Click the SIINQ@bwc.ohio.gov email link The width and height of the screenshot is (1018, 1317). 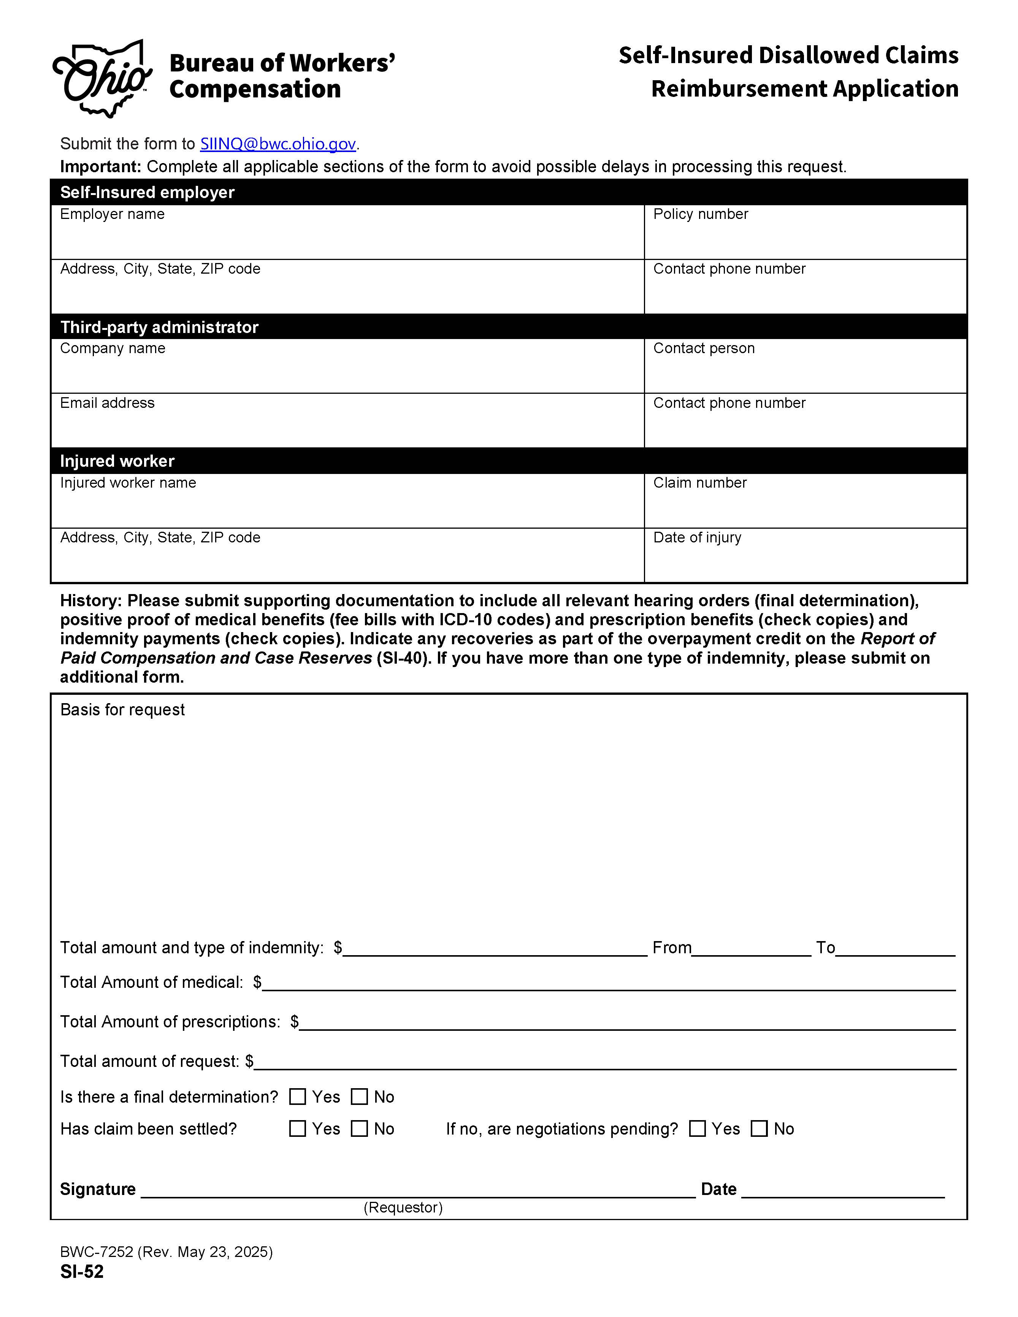click(277, 144)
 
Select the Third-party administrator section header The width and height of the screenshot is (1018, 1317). click(159, 327)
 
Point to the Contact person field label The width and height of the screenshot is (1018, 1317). click(703, 349)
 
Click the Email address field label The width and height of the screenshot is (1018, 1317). click(107, 403)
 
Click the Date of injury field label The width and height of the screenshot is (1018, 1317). click(697, 537)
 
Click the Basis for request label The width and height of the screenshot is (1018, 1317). click(122, 710)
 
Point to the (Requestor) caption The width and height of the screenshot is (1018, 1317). click(403, 1207)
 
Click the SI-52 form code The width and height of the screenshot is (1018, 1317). click(82, 1272)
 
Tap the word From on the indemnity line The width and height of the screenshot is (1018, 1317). click(672, 948)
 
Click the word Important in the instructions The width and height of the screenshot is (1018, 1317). click(100, 167)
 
